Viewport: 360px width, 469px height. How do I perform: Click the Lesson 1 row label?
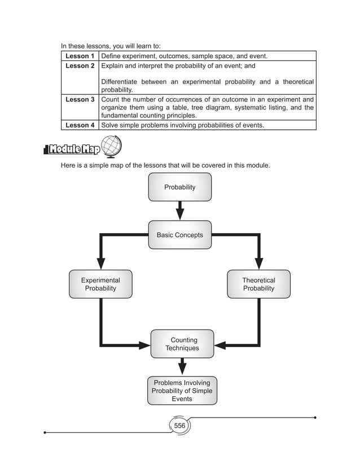tap(80, 56)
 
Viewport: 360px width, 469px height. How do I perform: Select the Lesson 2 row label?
tap(80, 66)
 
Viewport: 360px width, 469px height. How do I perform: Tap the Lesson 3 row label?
tap(80, 100)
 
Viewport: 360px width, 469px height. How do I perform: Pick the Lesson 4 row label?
tap(80, 125)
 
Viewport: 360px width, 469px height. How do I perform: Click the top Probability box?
tap(179, 187)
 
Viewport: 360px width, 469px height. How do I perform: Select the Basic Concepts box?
tap(179, 235)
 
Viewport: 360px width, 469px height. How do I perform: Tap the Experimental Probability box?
tap(100, 284)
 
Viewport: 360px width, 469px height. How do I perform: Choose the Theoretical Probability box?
tap(258, 284)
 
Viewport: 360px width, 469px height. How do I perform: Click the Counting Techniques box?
tap(182, 344)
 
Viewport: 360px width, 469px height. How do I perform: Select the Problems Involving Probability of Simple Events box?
tap(182, 391)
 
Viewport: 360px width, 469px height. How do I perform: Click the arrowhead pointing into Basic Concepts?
tap(179, 214)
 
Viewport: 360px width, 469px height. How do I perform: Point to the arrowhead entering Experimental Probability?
tap(100, 263)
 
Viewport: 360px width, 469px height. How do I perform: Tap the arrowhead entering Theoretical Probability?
tap(258, 263)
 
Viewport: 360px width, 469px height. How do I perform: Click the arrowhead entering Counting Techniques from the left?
tap(144, 345)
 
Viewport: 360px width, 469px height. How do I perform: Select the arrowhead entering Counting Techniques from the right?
tap(220, 345)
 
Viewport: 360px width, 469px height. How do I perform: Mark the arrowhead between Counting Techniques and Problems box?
tap(182, 369)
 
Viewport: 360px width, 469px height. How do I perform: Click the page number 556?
tap(179, 426)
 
